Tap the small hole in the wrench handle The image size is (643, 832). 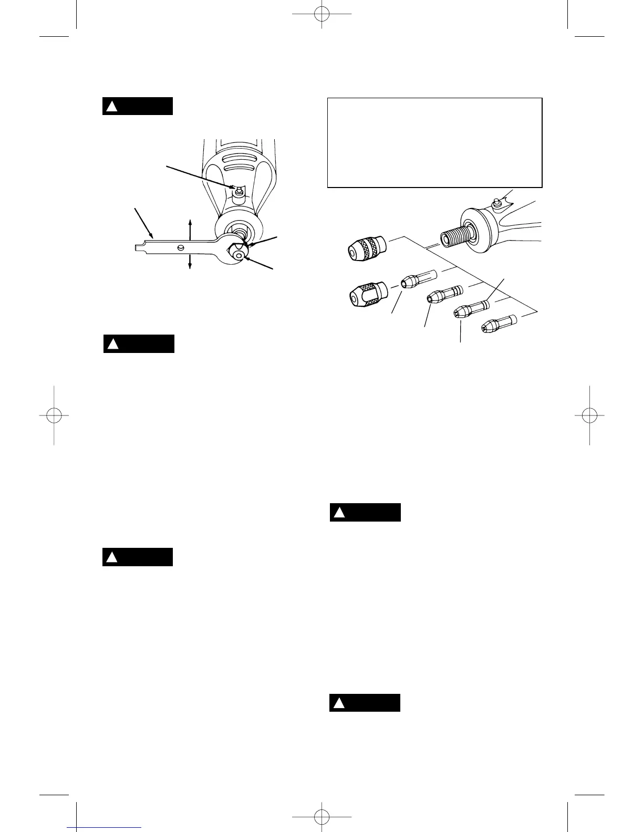pos(181,247)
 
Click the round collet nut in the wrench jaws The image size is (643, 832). pos(239,255)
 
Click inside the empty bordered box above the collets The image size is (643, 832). pos(434,142)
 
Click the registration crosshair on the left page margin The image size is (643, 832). pos(54,415)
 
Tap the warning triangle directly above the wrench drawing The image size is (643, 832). pos(111,107)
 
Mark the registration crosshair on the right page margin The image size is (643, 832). pos(589,415)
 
